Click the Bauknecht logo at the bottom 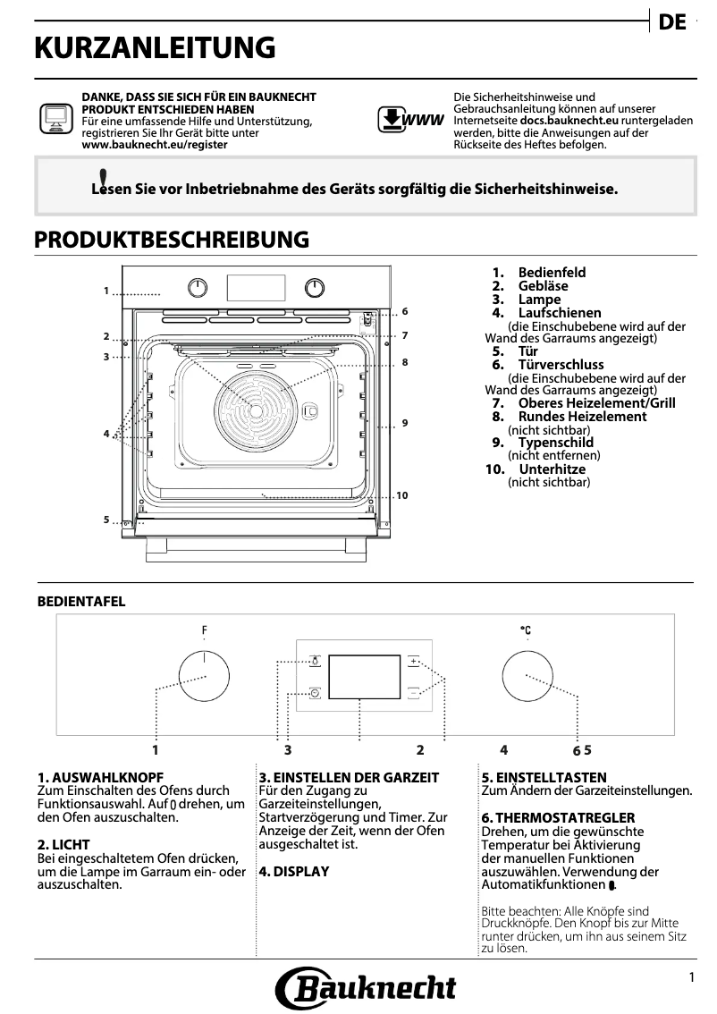(366, 987)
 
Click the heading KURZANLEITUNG (154, 48)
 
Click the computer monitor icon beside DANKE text (54, 119)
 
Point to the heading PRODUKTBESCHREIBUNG (172, 240)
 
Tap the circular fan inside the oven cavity (257, 409)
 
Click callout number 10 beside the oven (401, 495)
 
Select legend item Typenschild (555, 443)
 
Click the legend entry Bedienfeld (552, 273)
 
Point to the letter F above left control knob (204, 631)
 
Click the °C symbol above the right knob (526, 631)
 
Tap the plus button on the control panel (414, 663)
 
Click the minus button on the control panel (414, 692)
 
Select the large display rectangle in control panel (364, 677)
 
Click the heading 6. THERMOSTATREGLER (558, 818)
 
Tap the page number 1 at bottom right (691, 978)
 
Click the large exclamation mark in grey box (104, 181)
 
